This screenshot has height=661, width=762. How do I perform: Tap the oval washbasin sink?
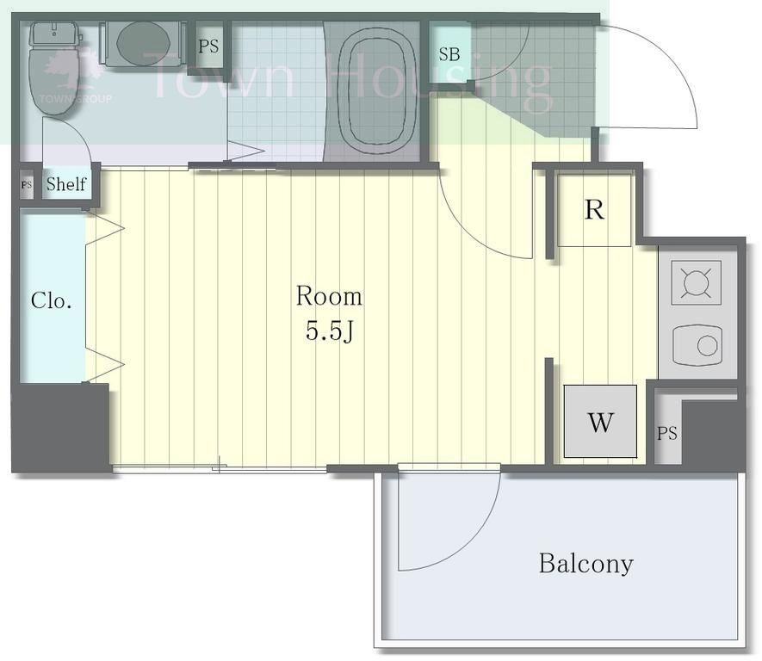pos(143,43)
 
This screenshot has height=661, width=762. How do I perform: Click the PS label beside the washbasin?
pos(208,46)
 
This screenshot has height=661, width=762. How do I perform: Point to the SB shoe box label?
pos(449,54)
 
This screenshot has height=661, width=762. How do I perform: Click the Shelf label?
pos(66,183)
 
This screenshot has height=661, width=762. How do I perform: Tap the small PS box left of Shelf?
pos(27,184)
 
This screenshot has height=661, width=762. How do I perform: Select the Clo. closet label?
pos(51,300)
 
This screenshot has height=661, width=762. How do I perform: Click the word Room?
pos(329,296)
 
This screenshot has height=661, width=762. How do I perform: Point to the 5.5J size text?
pos(329,331)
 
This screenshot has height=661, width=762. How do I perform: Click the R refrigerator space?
pos(594,210)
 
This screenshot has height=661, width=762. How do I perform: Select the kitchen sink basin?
pos(697,346)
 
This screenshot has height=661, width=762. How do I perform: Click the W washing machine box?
pos(600,421)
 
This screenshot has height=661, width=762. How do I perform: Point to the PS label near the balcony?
pos(666,433)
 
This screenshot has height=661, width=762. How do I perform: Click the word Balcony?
pos(586,564)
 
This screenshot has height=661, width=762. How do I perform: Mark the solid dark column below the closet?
pos(60,427)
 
